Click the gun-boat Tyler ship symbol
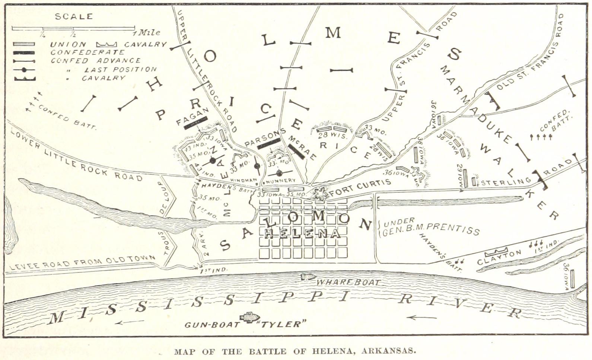point(248,317)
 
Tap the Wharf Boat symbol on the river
point(308,277)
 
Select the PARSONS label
point(265,137)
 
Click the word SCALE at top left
point(74,16)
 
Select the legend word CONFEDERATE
point(87,52)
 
